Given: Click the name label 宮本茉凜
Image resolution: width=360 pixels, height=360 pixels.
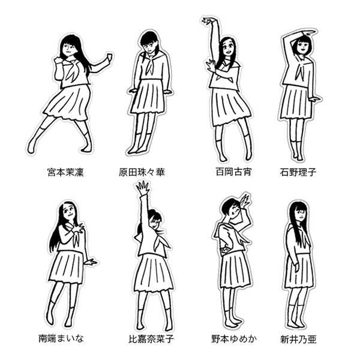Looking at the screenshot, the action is pyautogui.click(x=65, y=172).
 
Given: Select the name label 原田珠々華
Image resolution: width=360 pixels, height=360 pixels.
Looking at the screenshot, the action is pyautogui.click(x=142, y=172).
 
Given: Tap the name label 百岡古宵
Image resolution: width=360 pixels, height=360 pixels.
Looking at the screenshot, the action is pyautogui.click(x=233, y=172).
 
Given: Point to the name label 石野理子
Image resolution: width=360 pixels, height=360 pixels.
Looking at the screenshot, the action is pyautogui.click(x=298, y=172).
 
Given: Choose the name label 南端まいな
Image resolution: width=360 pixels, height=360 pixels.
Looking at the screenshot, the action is pyautogui.click(x=61, y=338).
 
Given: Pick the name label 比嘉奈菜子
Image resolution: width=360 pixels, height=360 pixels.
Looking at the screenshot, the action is pyautogui.click(x=151, y=339).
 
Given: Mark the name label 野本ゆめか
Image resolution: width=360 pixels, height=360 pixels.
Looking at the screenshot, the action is pyautogui.click(x=234, y=339).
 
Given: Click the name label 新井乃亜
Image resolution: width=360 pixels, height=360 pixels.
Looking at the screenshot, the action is pyautogui.click(x=298, y=340).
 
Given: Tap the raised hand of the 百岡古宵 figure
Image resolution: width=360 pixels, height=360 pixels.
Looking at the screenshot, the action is pyautogui.click(x=208, y=21).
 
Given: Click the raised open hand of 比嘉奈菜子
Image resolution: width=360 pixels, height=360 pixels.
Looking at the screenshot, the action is pyautogui.click(x=143, y=188).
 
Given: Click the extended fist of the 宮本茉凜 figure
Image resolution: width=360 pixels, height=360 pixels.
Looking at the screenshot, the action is pyautogui.click(x=110, y=57).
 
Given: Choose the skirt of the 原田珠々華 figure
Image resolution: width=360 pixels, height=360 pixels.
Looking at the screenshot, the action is pyautogui.click(x=148, y=97).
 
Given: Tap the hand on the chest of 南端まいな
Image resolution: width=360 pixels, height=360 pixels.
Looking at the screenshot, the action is pyautogui.click(x=77, y=228).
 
